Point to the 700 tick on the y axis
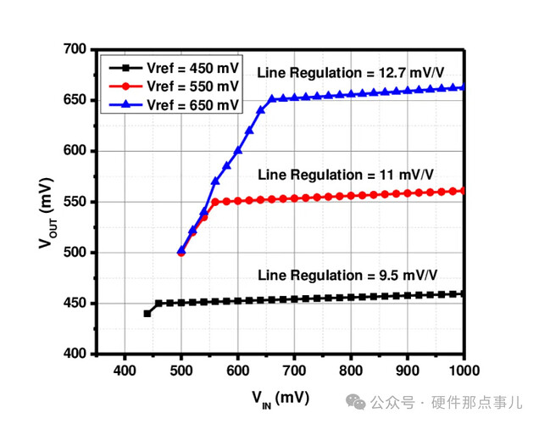(76, 50)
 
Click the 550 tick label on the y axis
(76, 202)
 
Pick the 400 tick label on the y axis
(76, 354)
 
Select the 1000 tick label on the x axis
(464, 371)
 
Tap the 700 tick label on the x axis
(294, 371)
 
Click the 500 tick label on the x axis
(181, 371)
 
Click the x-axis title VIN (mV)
(280, 397)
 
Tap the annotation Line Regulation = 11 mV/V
(347, 175)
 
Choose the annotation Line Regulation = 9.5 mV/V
(349, 276)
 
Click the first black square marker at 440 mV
(147, 313)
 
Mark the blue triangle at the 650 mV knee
(272, 99)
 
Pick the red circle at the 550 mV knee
(215, 202)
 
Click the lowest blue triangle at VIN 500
(181, 251)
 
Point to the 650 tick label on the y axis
(76, 100)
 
